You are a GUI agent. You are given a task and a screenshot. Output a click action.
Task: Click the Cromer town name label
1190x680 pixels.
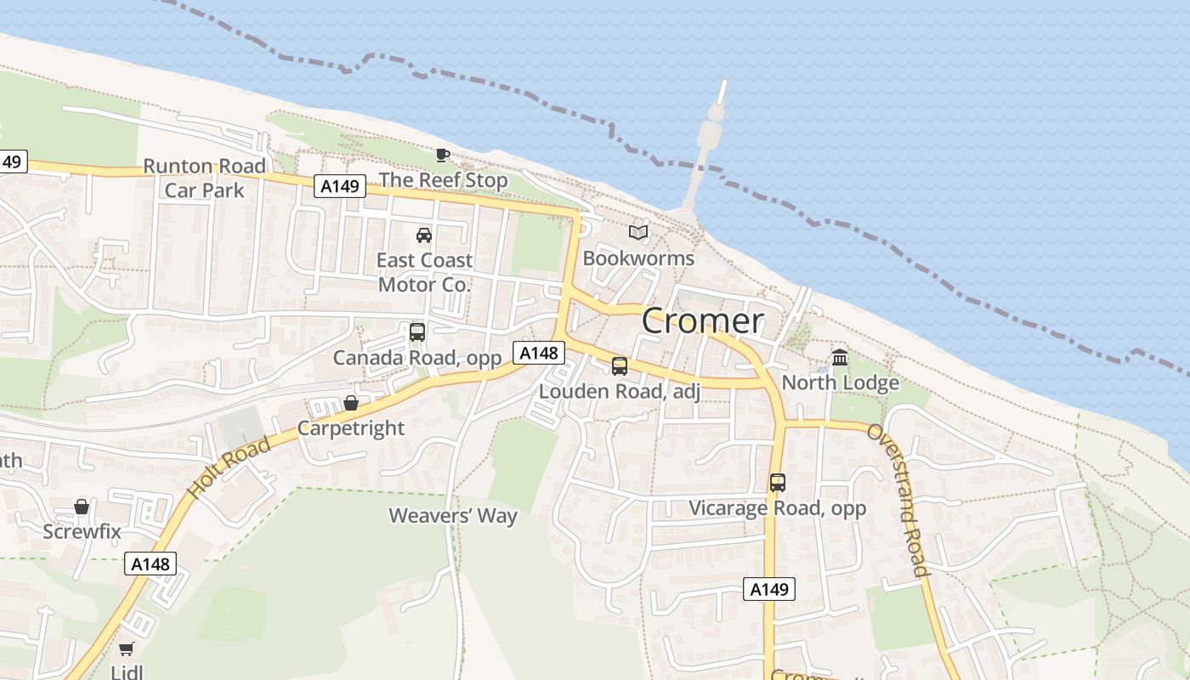coord(702,320)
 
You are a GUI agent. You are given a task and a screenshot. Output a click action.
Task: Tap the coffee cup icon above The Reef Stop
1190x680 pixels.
coord(442,155)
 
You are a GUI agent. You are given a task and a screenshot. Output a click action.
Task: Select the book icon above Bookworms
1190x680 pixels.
coord(638,232)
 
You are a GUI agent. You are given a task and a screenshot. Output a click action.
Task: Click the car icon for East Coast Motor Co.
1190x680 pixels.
coord(423,235)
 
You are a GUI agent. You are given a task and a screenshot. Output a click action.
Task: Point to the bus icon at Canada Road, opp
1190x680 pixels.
coord(416,332)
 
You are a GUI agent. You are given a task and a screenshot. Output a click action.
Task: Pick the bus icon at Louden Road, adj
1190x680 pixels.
coord(620,366)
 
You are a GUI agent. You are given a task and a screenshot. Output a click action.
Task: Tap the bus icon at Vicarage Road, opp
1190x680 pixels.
coord(777,483)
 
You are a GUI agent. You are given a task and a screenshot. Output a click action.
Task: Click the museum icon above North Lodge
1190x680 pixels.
coord(840,357)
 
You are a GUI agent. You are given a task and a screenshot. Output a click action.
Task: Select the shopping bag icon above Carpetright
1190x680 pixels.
coord(350,402)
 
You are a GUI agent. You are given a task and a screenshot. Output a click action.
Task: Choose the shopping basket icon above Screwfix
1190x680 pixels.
coord(82,507)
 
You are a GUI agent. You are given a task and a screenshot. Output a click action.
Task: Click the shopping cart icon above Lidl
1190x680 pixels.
coord(126,649)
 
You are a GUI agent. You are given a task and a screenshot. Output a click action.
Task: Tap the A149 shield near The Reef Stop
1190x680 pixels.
coord(339,185)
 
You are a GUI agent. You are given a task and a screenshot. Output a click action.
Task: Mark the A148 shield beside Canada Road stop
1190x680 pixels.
coord(539,352)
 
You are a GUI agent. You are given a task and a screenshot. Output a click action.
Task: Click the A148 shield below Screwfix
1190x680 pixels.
coord(151,563)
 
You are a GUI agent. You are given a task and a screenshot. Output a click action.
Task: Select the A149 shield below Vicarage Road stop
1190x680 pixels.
coord(769,589)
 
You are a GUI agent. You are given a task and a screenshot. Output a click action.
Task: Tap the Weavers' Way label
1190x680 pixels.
coord(453,515)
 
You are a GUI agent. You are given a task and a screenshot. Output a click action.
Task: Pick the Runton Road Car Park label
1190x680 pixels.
coord(204,178)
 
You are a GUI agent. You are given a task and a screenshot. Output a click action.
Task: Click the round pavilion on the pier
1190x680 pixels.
coord(716,113)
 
